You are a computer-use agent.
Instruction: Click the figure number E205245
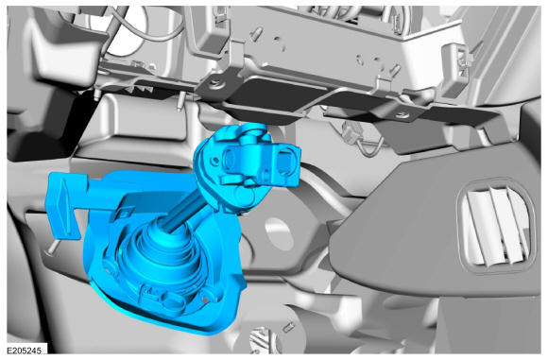click(25, 350)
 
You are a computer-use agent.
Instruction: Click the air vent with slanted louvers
click(496, 227)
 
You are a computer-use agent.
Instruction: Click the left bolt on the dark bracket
click(214, 83)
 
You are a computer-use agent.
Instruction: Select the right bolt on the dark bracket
click(403, 113)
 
